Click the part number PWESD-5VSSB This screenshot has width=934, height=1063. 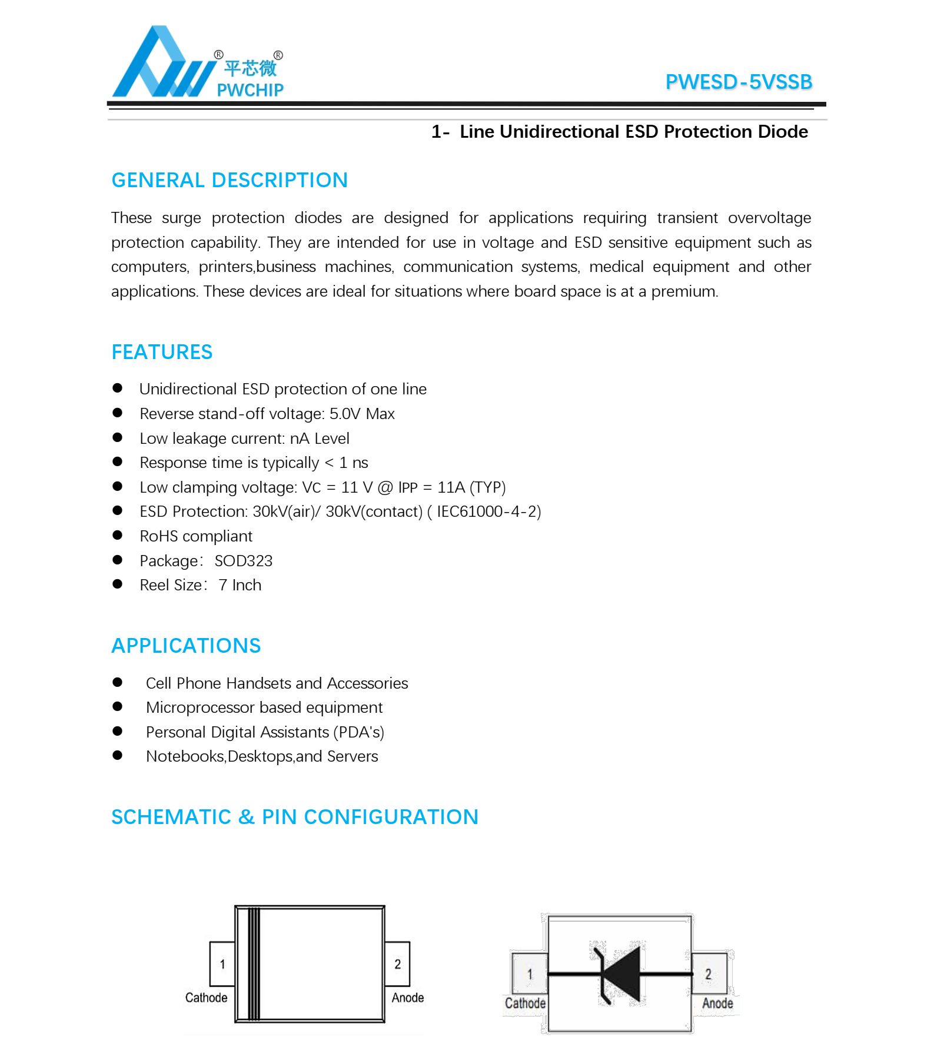739,82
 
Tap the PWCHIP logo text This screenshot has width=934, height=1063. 250,90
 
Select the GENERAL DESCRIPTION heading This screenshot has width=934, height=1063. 230,180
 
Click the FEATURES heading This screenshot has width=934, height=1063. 162,352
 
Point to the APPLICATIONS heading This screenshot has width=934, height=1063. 186,646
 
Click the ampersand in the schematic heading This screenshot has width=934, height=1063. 246,817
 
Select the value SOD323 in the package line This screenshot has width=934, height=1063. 244,561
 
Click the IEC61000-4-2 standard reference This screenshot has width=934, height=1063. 486,511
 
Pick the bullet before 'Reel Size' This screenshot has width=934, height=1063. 118,584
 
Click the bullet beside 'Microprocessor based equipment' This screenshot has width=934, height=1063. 118,707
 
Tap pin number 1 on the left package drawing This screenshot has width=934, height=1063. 222,964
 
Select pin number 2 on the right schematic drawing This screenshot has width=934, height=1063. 708,974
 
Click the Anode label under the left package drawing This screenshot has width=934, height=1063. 408,998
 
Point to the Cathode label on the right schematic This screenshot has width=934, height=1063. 525,1004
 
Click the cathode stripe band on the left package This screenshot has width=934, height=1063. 253,964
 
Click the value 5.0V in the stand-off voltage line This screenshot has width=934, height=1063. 345,414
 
